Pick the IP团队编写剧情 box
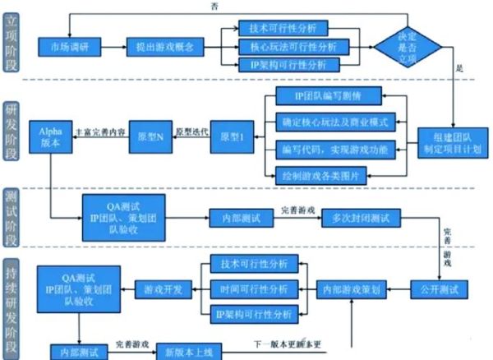tap(329, 97)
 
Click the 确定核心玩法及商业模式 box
tap(334, 123)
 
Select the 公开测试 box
tap(440, 288)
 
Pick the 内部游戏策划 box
tap(352, 288)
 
